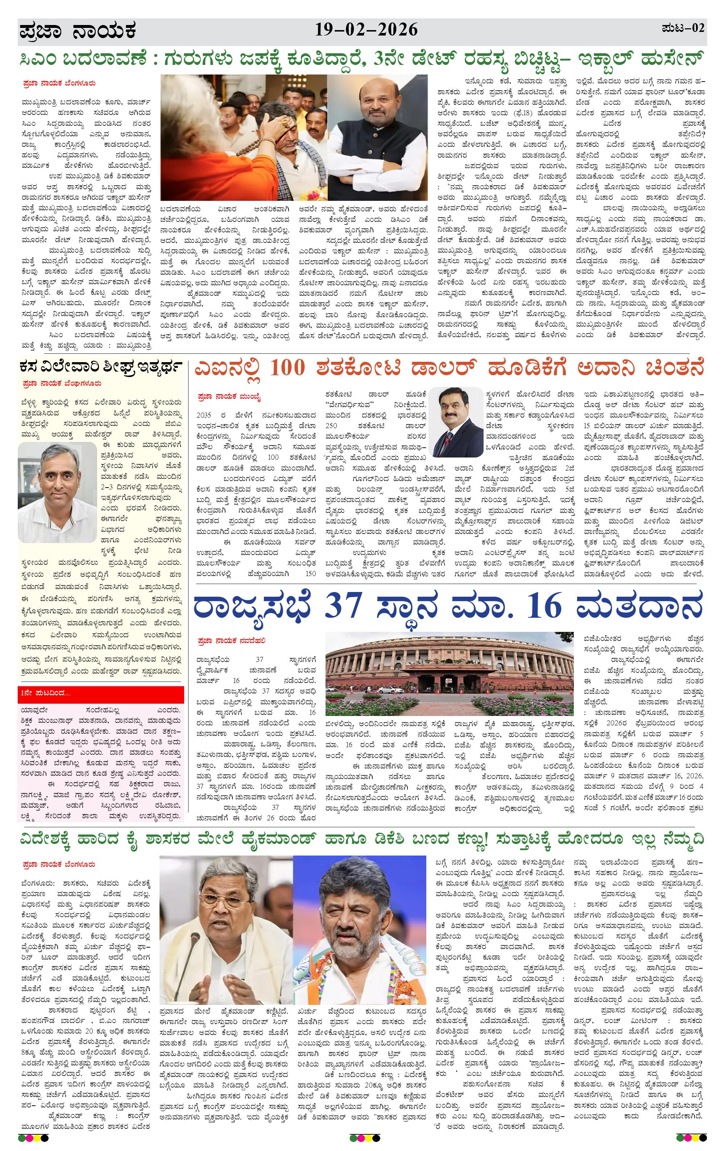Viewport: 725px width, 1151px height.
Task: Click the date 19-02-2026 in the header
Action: (366, 30)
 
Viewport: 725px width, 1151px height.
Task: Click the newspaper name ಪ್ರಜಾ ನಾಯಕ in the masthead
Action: (78, 32)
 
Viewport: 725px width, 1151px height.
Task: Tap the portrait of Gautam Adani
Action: (455, 422)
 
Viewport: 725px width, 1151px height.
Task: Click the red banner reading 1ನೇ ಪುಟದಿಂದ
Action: (101, 693)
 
